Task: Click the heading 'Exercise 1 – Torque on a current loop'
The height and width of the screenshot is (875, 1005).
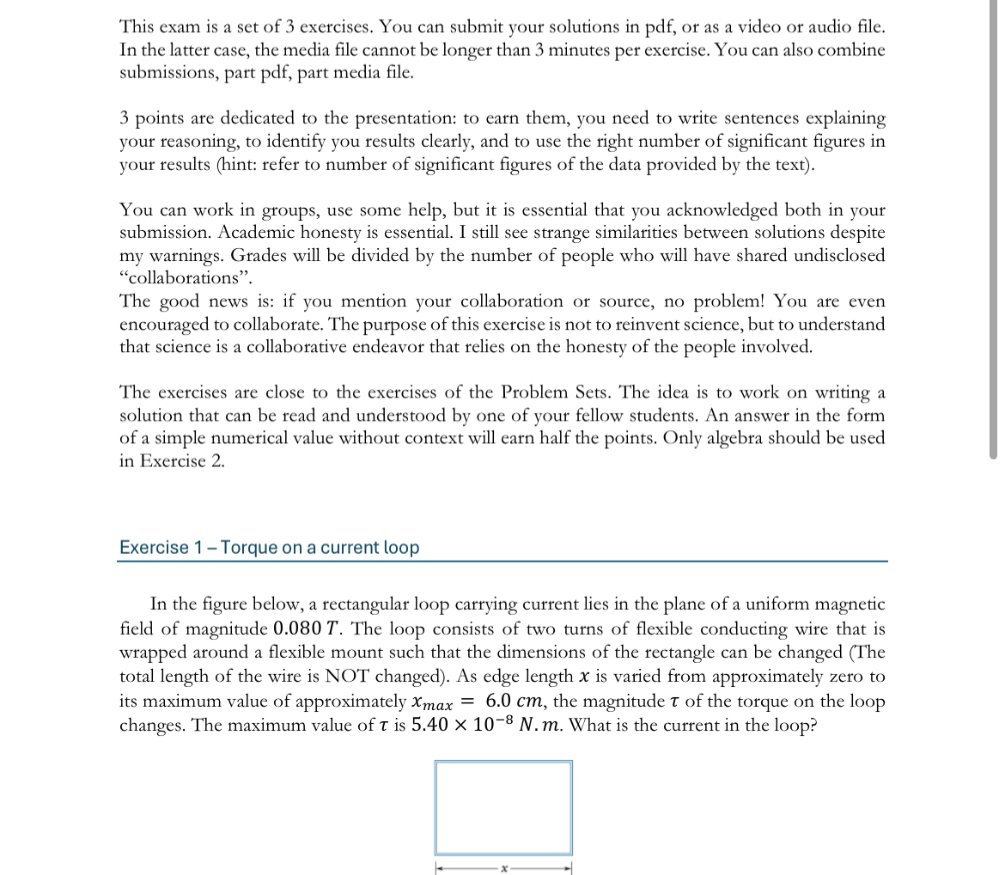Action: coord(269,548)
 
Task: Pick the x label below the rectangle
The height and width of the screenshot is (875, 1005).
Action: coord(504,869)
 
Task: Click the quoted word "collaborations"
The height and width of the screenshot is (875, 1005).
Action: coord(180,278)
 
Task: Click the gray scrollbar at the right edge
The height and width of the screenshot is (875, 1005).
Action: coord(994,232)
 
